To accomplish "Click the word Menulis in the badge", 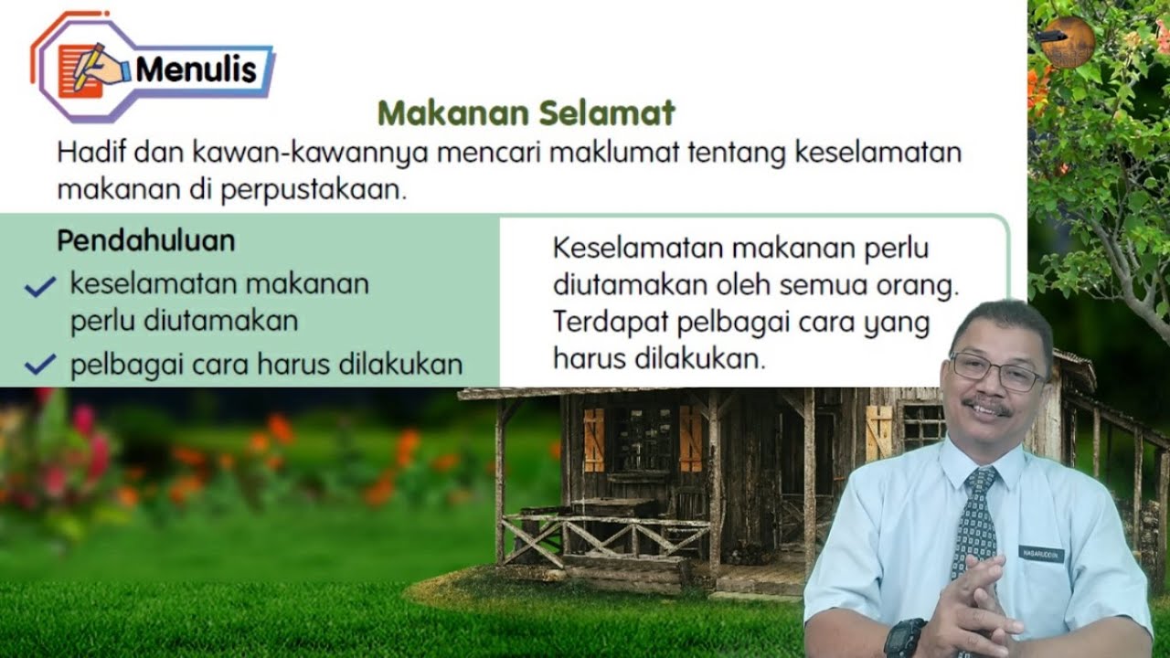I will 196,69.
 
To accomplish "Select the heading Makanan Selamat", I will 526,113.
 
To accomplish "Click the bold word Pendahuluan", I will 145,240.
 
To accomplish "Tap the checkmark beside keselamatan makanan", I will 40,287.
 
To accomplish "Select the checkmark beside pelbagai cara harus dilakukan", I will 40,366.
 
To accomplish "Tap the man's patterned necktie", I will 974,525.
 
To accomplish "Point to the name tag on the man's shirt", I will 1041,554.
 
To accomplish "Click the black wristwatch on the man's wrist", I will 904,639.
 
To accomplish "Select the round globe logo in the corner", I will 1069,42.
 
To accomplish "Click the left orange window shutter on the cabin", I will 594,440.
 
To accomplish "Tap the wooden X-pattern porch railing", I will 604,538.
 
